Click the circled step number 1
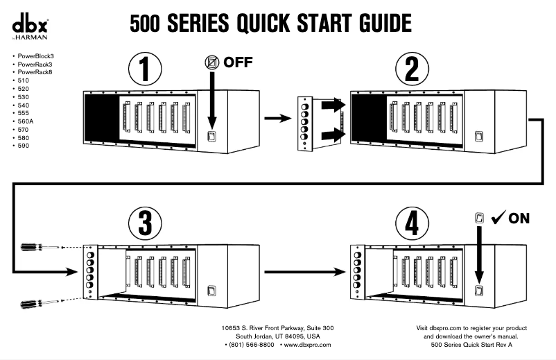pos(145,69)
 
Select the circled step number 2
pos(412,69)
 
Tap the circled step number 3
pos(145,224)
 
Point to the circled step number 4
pos(412,224)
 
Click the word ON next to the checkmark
pos(519,218)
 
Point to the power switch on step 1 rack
pos(214,137)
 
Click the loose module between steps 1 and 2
pos(303,123)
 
